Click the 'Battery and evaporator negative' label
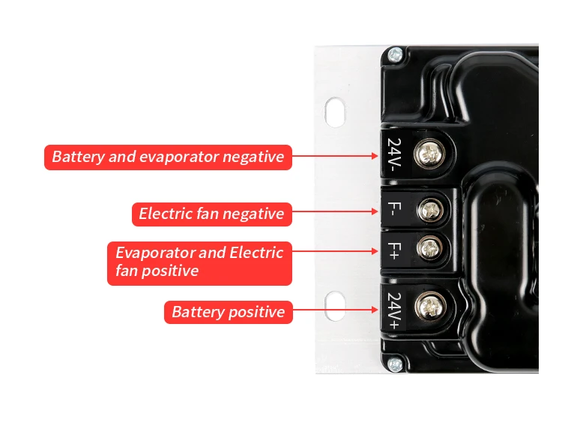pyautogui.click(x=168, y=157)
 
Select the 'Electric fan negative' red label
pyautogui.click(x=211, y=214)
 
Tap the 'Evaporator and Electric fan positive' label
pyautogui.click(x=199, y=261)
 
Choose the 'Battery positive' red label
pyautogui.click(x=228, y=312)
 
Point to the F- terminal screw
pyautogui.click(x=430, y=208)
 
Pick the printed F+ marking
pyautogui.click(x=395, y=250)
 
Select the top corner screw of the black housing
pyautogui.click(x=394, y=53)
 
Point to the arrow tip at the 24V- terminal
pyautogui.click(x=378, y=156)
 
